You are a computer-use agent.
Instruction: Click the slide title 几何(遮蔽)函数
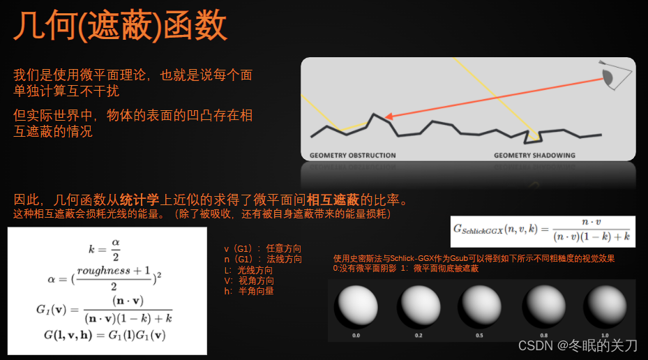coord(121,26)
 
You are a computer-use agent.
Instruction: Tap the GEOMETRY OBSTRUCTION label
coord(352,155)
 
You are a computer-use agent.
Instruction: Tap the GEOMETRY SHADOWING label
coord(534,155)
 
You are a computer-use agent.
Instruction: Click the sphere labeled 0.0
coord(356,306)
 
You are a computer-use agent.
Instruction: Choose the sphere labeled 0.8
coord(542,307)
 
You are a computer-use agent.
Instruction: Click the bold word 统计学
coord(139,200)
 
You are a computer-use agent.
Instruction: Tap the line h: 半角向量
coord(248,290)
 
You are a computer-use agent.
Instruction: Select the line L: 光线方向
coord(248,269)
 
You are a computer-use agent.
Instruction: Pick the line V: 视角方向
coord(248,280)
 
